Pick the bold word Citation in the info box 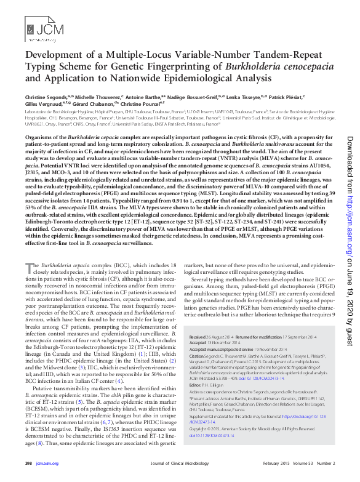(x=198, y=356)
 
